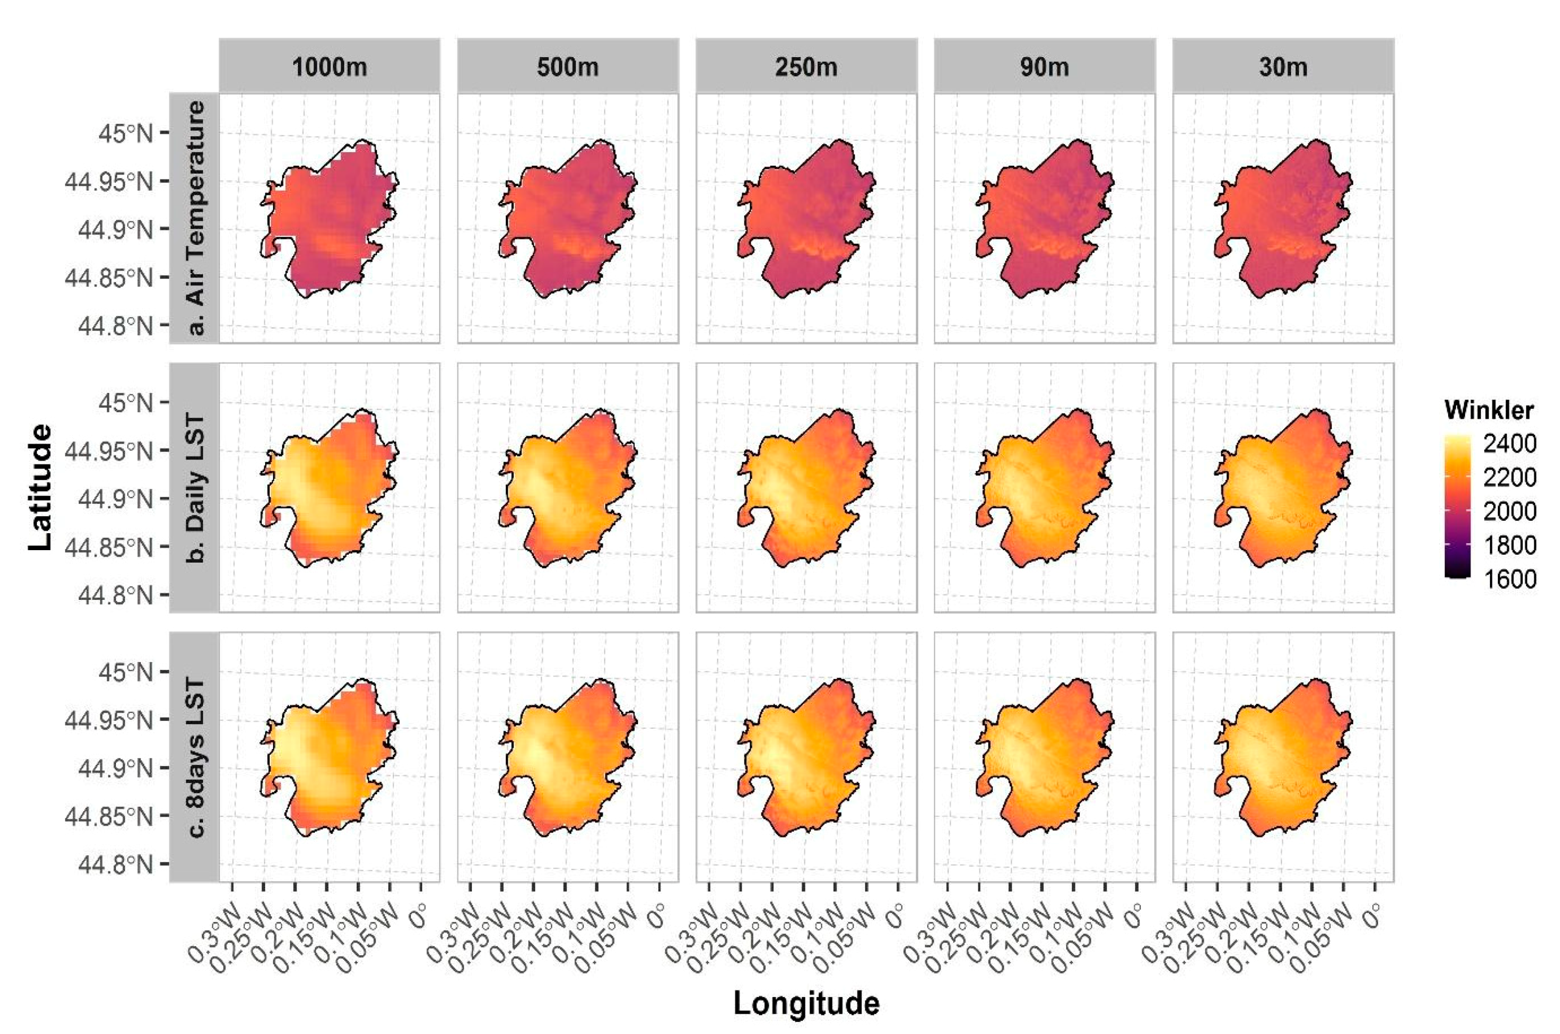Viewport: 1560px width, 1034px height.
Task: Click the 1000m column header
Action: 329,67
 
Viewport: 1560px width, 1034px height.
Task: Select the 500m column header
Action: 568,67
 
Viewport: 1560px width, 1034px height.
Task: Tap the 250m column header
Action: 806,67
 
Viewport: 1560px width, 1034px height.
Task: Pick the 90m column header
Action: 1044,67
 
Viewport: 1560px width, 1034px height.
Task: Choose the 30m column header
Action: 1283,67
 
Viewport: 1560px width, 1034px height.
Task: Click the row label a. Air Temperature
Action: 195,218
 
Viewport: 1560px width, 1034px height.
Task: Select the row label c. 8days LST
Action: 195,757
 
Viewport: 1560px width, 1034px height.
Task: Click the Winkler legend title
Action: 1489,410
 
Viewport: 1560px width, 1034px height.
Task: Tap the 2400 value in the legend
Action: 1509,444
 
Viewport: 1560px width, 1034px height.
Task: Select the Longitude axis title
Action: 806,1003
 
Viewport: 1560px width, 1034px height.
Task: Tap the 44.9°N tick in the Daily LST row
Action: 116,499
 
